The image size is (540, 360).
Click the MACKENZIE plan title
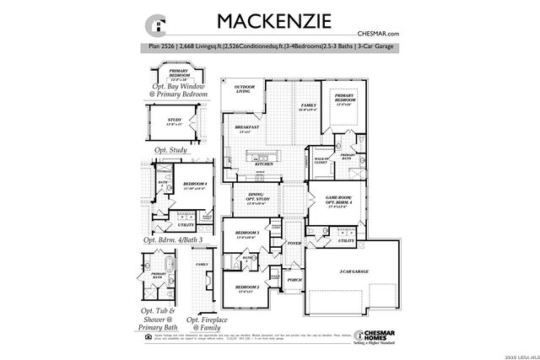pyautogui.click(x=264, y=20)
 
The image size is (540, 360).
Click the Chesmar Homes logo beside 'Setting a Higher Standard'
pyautogui.click(x=368, y=334)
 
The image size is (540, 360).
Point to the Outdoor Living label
pyautogui.click(x=244, y=89)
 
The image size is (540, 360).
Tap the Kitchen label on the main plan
pyautogui.click(x=276, y=164)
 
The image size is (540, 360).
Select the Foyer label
pyautogui.click(x=294, y=243)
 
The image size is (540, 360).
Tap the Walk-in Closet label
pyautogui.click(x=321, y=159)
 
